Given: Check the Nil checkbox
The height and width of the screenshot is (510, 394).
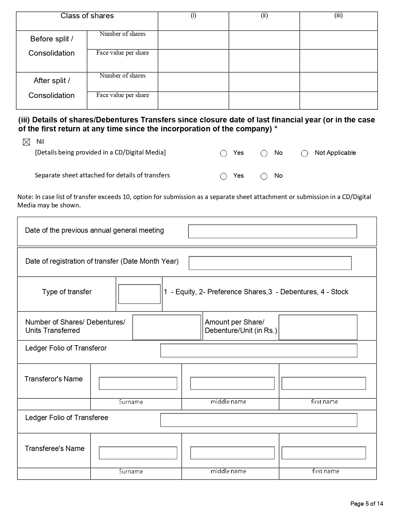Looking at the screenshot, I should [27, 142].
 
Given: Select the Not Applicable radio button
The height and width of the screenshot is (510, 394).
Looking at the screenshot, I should [304, 154].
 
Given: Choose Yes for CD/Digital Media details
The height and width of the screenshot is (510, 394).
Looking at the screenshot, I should [223, 154].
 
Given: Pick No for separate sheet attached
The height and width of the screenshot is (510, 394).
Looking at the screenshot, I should [264, 176].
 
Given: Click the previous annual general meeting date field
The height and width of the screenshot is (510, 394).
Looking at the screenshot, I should [272, 232].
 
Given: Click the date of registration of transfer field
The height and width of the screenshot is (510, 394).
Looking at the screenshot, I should [270, 263].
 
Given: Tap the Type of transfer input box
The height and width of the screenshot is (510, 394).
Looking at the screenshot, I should [139, 294].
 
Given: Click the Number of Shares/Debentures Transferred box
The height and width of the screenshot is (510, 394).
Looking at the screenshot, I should [167, 327].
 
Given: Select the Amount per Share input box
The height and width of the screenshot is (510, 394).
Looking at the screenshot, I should [318, 327].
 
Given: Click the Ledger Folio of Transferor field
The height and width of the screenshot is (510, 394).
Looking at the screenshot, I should [259, 351].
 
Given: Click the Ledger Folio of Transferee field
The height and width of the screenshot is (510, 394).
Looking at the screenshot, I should [259, 420].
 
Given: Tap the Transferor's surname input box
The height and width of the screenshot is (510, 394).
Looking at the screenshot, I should [138, 383].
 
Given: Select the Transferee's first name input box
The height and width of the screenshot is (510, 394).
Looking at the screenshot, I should [324, 453].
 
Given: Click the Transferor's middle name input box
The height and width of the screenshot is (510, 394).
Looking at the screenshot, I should [232, 383].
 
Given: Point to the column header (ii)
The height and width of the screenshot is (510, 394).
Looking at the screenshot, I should [264, 15].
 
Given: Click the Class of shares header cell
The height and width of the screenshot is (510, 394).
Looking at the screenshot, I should [87, 16].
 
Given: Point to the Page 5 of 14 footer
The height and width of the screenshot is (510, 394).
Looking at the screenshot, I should [366, 504].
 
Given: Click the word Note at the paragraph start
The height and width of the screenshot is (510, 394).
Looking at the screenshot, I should [23, 197].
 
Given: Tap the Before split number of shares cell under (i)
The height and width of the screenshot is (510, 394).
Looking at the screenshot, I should [193, 40].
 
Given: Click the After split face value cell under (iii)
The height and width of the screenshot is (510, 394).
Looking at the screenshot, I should [338, 100].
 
